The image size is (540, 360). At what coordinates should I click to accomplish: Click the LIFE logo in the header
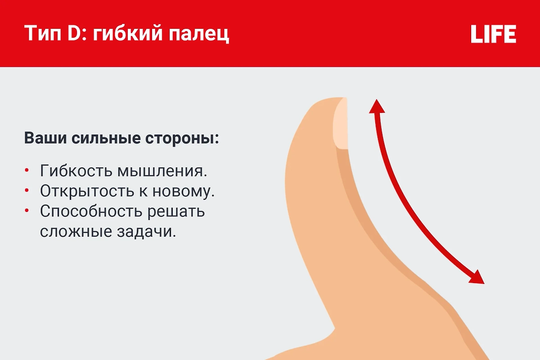click(x=493, y=34)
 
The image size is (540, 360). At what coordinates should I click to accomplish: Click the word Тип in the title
click(x=43, y=33)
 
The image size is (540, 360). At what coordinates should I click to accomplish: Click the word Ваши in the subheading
click(x=45, y=138)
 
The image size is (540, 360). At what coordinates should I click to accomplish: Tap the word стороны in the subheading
click(x=182, y=139)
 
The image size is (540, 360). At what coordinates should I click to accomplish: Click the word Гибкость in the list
click(x=76, y=171)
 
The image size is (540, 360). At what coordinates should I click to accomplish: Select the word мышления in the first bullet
click(x=162, y=171)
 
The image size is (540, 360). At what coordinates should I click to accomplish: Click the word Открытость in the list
click(x=87, y=191)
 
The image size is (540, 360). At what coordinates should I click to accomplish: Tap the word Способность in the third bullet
click(x=91, y=211)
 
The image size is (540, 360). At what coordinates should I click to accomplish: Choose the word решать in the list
click(x=176, y=212)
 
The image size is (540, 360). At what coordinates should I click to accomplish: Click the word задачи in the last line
click(x=147, y=232)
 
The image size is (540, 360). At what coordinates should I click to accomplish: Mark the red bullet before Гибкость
click(x=27, y=170)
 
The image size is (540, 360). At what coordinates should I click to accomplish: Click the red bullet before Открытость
click(x=27, y=190)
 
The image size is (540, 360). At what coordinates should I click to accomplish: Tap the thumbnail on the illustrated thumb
click(x=340, y=123)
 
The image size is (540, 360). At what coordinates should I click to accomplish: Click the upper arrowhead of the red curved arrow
click(x=377, y=106)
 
